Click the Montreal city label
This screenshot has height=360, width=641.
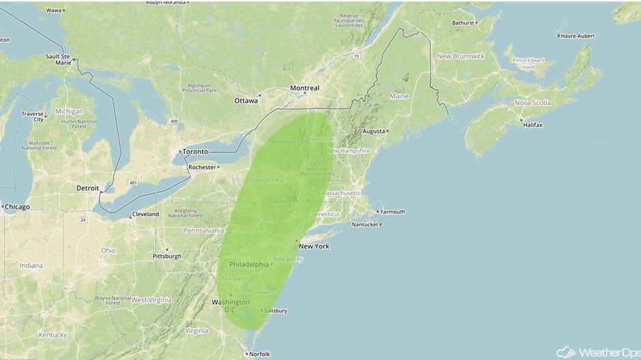tap(304, 88)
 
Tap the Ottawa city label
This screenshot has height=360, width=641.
tap(246, 100)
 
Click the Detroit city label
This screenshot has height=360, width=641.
tap(87, 187)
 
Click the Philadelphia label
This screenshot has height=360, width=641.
tap(249, 264)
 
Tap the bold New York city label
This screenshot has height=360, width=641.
tap(314, 246)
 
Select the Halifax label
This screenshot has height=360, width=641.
tap(532, 125)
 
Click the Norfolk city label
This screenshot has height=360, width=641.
tap(259, 353)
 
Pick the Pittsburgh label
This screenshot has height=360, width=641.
tap(167, 256)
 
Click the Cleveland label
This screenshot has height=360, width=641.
tap(145, 214)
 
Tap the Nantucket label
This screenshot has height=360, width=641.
tap(364, 224)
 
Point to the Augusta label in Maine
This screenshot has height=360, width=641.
tap(373, 130)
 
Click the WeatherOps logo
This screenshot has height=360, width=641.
tap(596, 352)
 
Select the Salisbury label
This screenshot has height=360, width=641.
tap(275, 311)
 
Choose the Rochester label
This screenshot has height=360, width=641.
tap(202, 167)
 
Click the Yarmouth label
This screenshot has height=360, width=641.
tap(392, 212)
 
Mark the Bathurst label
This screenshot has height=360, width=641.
tap(462, 22)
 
